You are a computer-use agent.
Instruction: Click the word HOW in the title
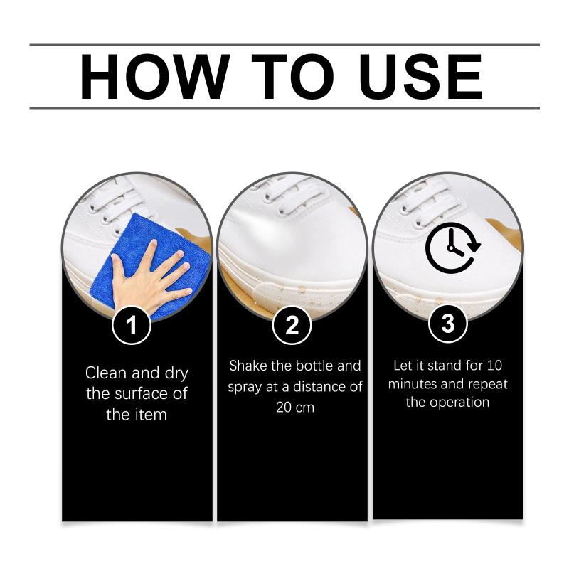pyautogui.click(x=155, y=77)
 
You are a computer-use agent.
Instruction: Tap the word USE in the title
pyautogui.click(x=420, y=77)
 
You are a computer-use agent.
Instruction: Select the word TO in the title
pyautogui.click(x=292, y=77)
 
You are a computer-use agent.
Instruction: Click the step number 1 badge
pyautogui.click(x=132, y=325)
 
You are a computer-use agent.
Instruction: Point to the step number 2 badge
pyautogui.click(x=292, y=325)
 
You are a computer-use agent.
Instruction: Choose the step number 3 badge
pyautogui.click(x=448, y=324)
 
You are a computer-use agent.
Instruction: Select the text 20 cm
pyautogui.click(x=295, y=408)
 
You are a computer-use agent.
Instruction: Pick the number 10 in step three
pyautogui.click(x=494, y=366)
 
